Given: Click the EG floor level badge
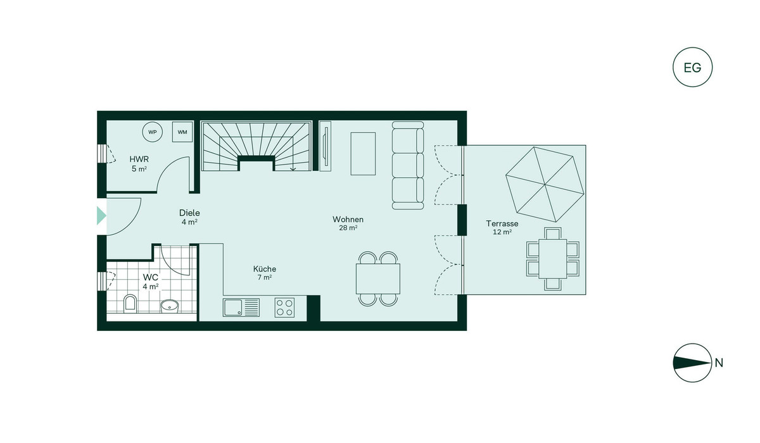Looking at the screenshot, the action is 692,67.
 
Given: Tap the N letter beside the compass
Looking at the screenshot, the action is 719,363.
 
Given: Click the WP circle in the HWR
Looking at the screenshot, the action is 153,132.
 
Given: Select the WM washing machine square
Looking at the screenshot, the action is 182,132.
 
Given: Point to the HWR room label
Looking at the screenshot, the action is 139,159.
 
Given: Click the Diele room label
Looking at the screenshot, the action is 189,213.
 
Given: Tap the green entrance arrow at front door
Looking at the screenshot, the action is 101,216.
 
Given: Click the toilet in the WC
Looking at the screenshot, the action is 130,304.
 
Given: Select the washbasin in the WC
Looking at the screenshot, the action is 169,306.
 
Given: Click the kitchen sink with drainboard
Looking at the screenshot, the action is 241,308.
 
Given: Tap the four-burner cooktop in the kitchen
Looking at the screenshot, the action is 284,308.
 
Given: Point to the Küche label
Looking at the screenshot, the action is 265,269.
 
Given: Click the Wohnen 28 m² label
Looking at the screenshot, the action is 348,223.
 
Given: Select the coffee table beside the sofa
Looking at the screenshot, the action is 363,154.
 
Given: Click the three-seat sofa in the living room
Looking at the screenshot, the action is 408,165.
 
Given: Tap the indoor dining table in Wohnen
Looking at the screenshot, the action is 378,279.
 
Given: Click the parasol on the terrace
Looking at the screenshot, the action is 545,184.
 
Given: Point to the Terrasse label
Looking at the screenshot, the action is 502,223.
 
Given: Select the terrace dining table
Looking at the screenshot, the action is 553,259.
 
